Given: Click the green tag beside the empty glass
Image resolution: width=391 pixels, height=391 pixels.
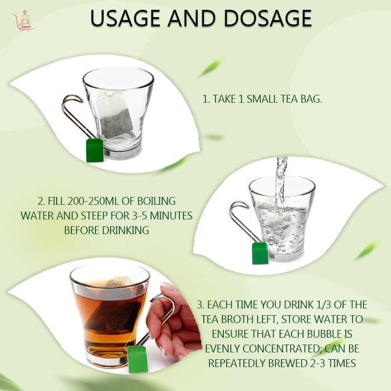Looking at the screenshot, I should pos(95,150).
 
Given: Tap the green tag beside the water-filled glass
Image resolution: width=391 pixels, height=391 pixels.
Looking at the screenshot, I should pos(260,253).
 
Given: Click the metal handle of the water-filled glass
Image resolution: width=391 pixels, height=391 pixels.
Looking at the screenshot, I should pos(239,217).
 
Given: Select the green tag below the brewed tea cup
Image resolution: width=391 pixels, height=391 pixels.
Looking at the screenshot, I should pos(137,359).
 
